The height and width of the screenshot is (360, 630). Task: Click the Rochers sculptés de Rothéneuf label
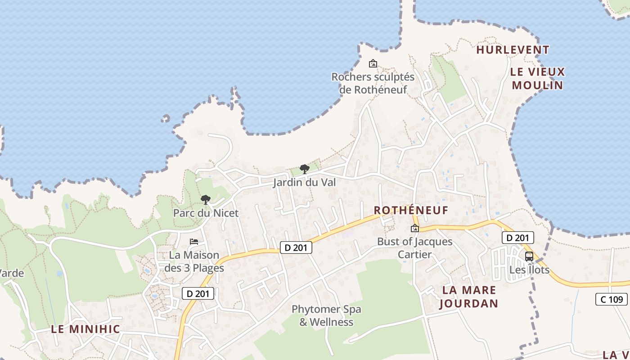coord(373,83)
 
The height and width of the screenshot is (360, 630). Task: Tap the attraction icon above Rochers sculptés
coord(373,63)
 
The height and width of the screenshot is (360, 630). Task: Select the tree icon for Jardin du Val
coord(305,169)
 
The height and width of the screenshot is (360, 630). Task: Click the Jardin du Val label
coord(305,183)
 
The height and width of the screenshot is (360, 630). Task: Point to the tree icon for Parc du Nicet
coord(206,199)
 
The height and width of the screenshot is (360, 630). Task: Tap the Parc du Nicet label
coord(206,213)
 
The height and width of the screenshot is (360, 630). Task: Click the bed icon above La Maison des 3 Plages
coord(194,242)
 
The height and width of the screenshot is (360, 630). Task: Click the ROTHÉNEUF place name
coord(411,210)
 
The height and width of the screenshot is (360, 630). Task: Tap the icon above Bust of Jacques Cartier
coord(415,229)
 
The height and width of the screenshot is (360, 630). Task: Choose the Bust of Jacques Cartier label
coord(415,248)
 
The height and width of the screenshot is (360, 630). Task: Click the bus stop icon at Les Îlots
coord(529,256)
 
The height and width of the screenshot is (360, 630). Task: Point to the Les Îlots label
coord(529,270)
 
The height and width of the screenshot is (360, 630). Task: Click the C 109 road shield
coord(611,299)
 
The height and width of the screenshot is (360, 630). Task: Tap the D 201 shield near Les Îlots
coord(517,238)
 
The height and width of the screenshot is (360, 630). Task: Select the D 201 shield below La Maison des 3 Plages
coord(198,294)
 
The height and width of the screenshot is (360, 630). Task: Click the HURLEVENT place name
coord(513,50)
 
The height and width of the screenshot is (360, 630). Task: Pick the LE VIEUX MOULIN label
coord(537,78)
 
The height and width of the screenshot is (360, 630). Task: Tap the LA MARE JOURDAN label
coord(469,297)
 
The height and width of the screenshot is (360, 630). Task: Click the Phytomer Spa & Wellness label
coord(326,315)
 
